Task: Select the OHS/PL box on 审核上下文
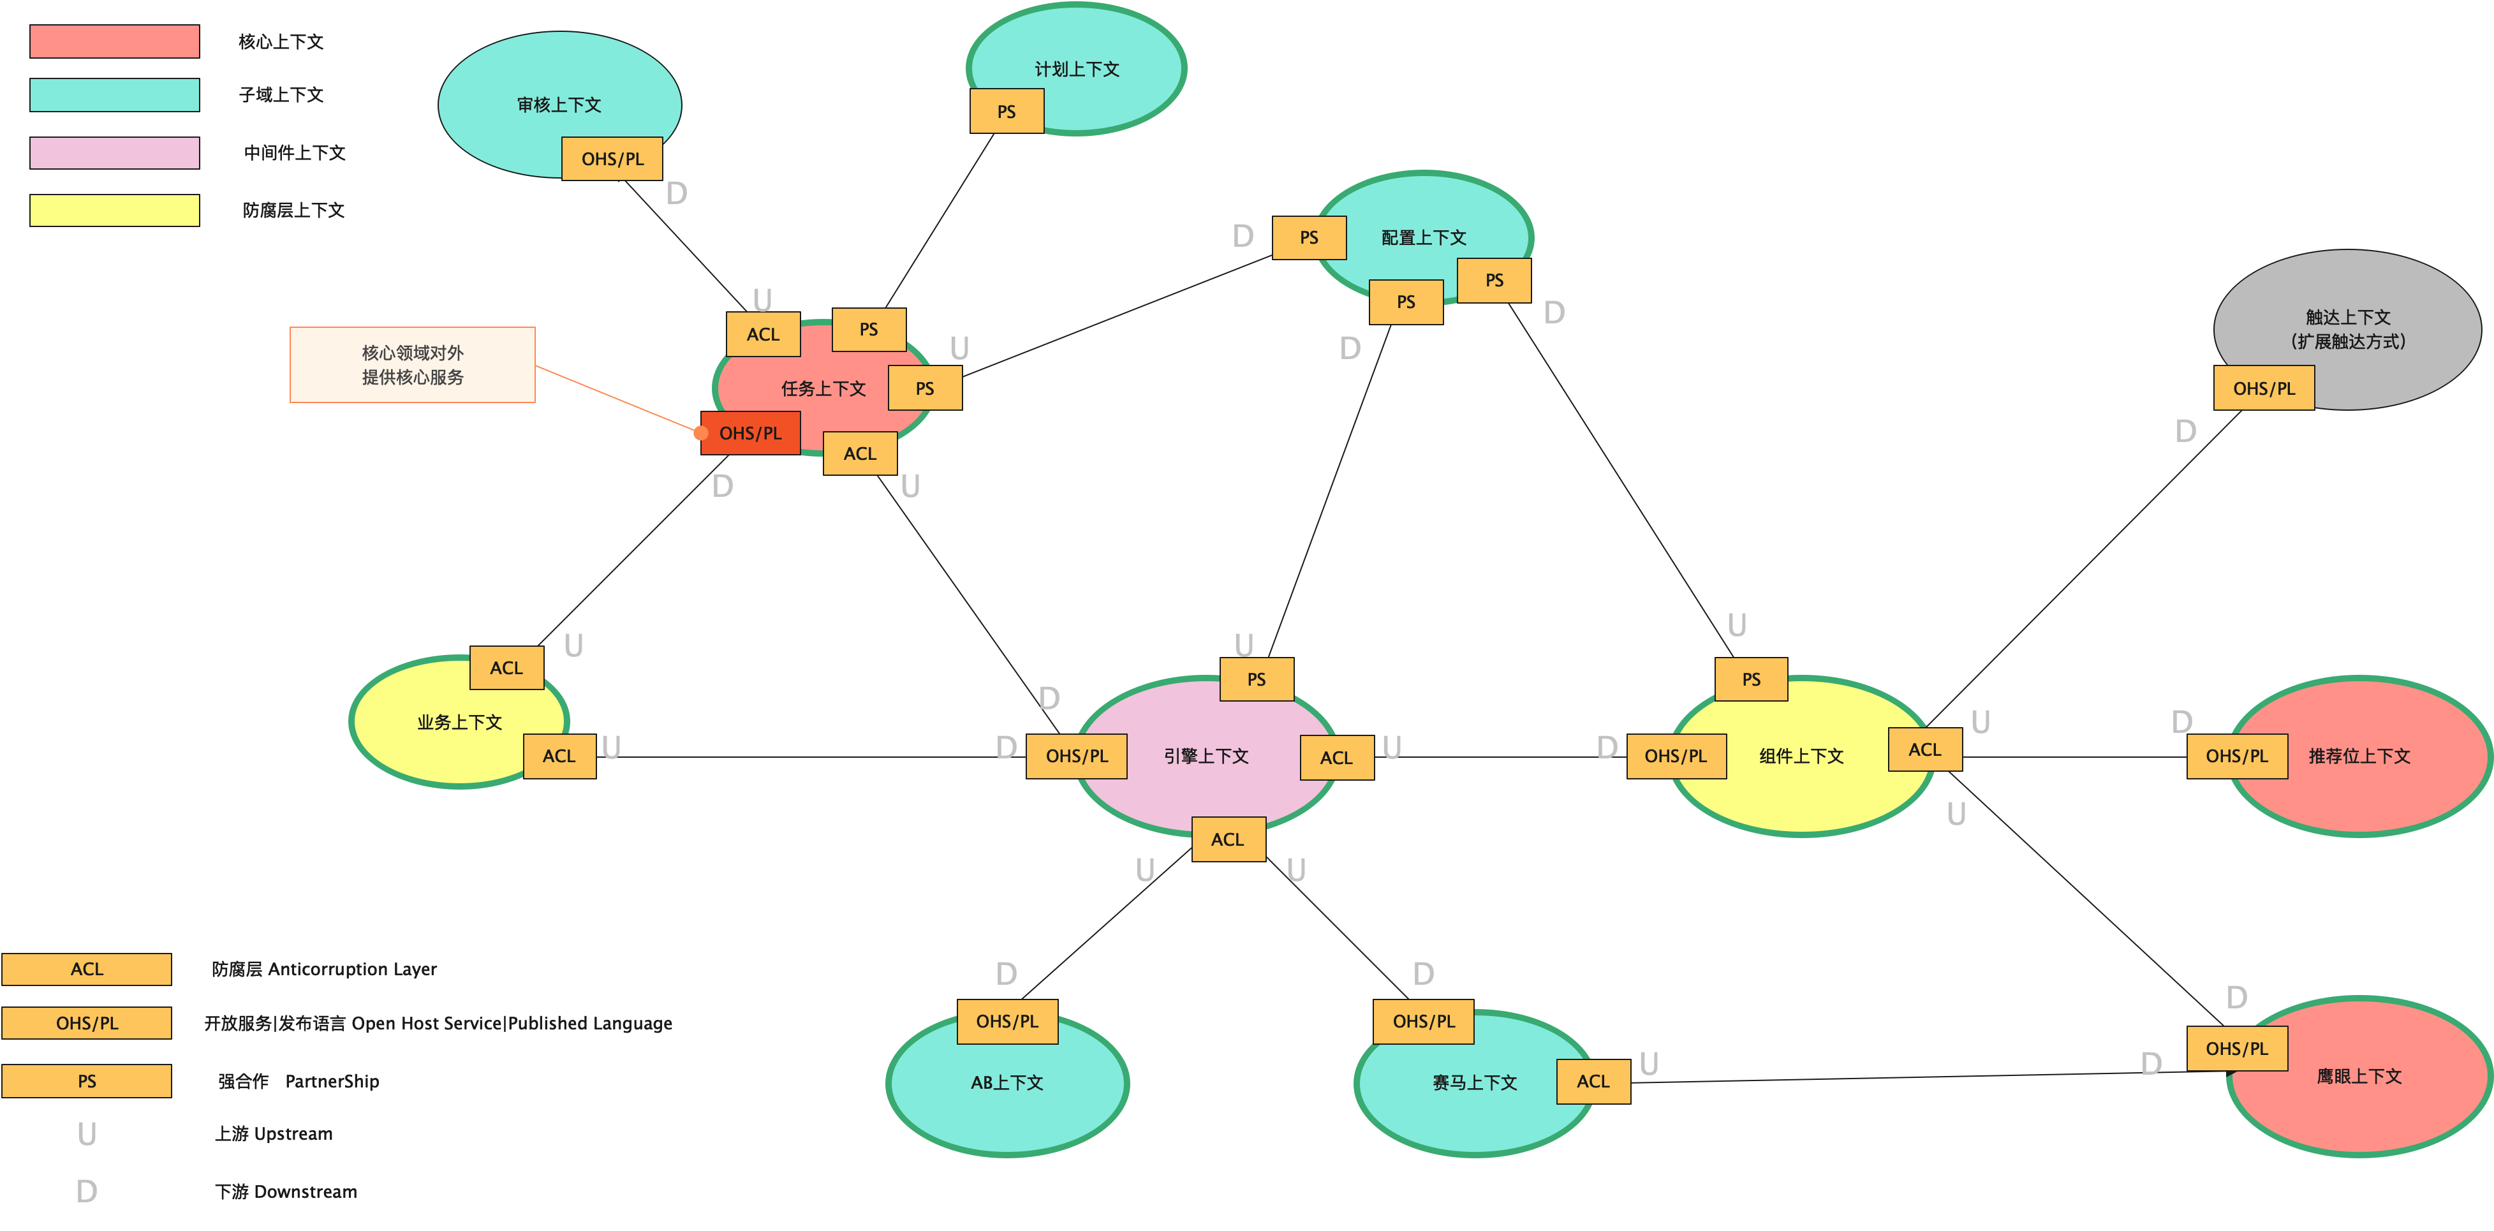pos(612,159)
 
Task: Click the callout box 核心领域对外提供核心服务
pos(413,365)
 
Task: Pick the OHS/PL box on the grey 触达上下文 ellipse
pos(2264,388)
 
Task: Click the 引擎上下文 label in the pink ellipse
pos(1206,756)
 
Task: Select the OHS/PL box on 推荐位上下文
pos(2236,756)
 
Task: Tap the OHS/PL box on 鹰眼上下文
pos(2236,1048)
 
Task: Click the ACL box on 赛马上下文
pos(1593,1081)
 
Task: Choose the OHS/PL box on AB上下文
pos(1007,1021)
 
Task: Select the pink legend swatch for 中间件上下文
pos(114,153)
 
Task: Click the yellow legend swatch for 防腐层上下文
pos(114,210)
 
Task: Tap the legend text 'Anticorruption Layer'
pos(351,969)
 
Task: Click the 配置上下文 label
pos(1423,237)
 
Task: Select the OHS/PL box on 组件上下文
pos(1676,756)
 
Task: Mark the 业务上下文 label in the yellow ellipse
pos(459,722)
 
